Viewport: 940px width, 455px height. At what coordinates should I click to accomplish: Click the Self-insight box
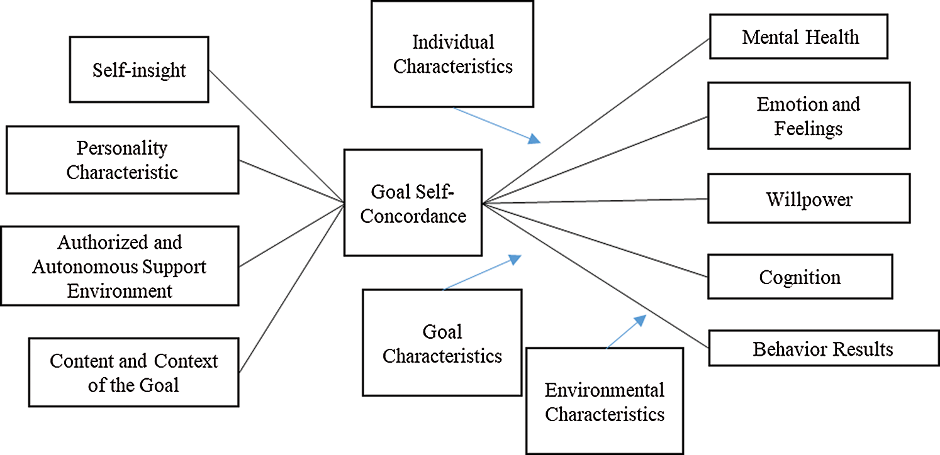point(138,69)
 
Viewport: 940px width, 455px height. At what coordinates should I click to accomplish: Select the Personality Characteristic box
point(122,160)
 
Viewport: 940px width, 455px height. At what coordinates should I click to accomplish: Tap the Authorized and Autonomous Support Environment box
point(120,266)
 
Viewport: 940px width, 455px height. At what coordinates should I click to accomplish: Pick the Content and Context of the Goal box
point(133,372)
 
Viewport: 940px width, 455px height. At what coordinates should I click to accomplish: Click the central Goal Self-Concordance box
point(413,202)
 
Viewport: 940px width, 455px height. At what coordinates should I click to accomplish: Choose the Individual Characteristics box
point(452,54)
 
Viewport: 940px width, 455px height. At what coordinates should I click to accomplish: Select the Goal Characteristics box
point(442,343)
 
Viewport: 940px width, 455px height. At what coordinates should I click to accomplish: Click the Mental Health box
point(799,37)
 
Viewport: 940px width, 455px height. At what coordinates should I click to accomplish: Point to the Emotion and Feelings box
point(809,116)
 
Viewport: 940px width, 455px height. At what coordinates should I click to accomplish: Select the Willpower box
point(809,199)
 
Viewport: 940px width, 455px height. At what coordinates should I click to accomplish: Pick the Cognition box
point(800,277)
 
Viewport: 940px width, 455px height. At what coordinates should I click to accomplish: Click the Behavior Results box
point(823,348)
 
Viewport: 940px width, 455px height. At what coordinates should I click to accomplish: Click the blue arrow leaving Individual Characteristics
point(497,124)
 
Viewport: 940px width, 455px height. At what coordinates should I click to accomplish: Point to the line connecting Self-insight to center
point(277,136)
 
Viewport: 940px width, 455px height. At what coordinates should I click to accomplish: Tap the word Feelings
point(809,128)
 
